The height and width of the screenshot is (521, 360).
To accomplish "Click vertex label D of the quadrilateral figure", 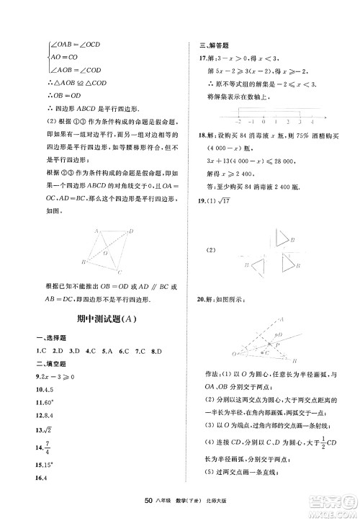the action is coord(131,230).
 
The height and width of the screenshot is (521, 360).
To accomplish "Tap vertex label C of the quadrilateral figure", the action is coord(120,272).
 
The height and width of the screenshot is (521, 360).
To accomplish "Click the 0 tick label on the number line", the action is coord(264,123).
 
